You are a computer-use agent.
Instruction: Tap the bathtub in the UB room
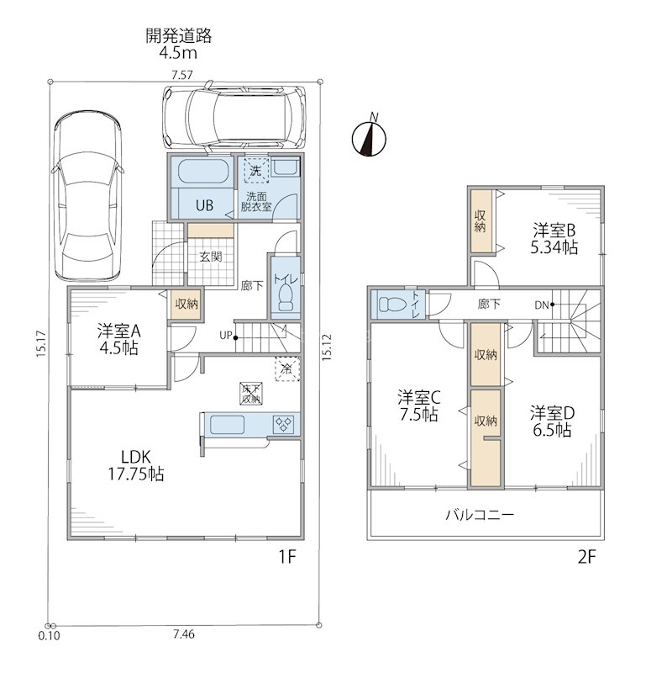pos(202,172)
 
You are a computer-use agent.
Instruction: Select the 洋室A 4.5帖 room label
pos(118,340)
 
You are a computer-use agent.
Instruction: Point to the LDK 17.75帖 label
pos(136,465)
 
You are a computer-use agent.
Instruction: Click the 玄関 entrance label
pos(211,257)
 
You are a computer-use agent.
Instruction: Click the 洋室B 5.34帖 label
pos(554,239)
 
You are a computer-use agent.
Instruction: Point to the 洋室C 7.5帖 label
pos(419,405)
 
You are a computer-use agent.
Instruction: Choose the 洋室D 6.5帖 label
pos(552,421)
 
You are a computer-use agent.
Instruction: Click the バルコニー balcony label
pos(480,514)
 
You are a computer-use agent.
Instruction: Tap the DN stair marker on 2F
pos(544,305)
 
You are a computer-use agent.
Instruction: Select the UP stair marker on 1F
pos(228,336)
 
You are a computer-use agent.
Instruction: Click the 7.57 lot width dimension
pos(182,75)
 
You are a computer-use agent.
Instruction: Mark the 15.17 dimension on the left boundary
pos(41,343)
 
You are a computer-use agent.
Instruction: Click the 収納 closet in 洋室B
pos(481,220)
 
